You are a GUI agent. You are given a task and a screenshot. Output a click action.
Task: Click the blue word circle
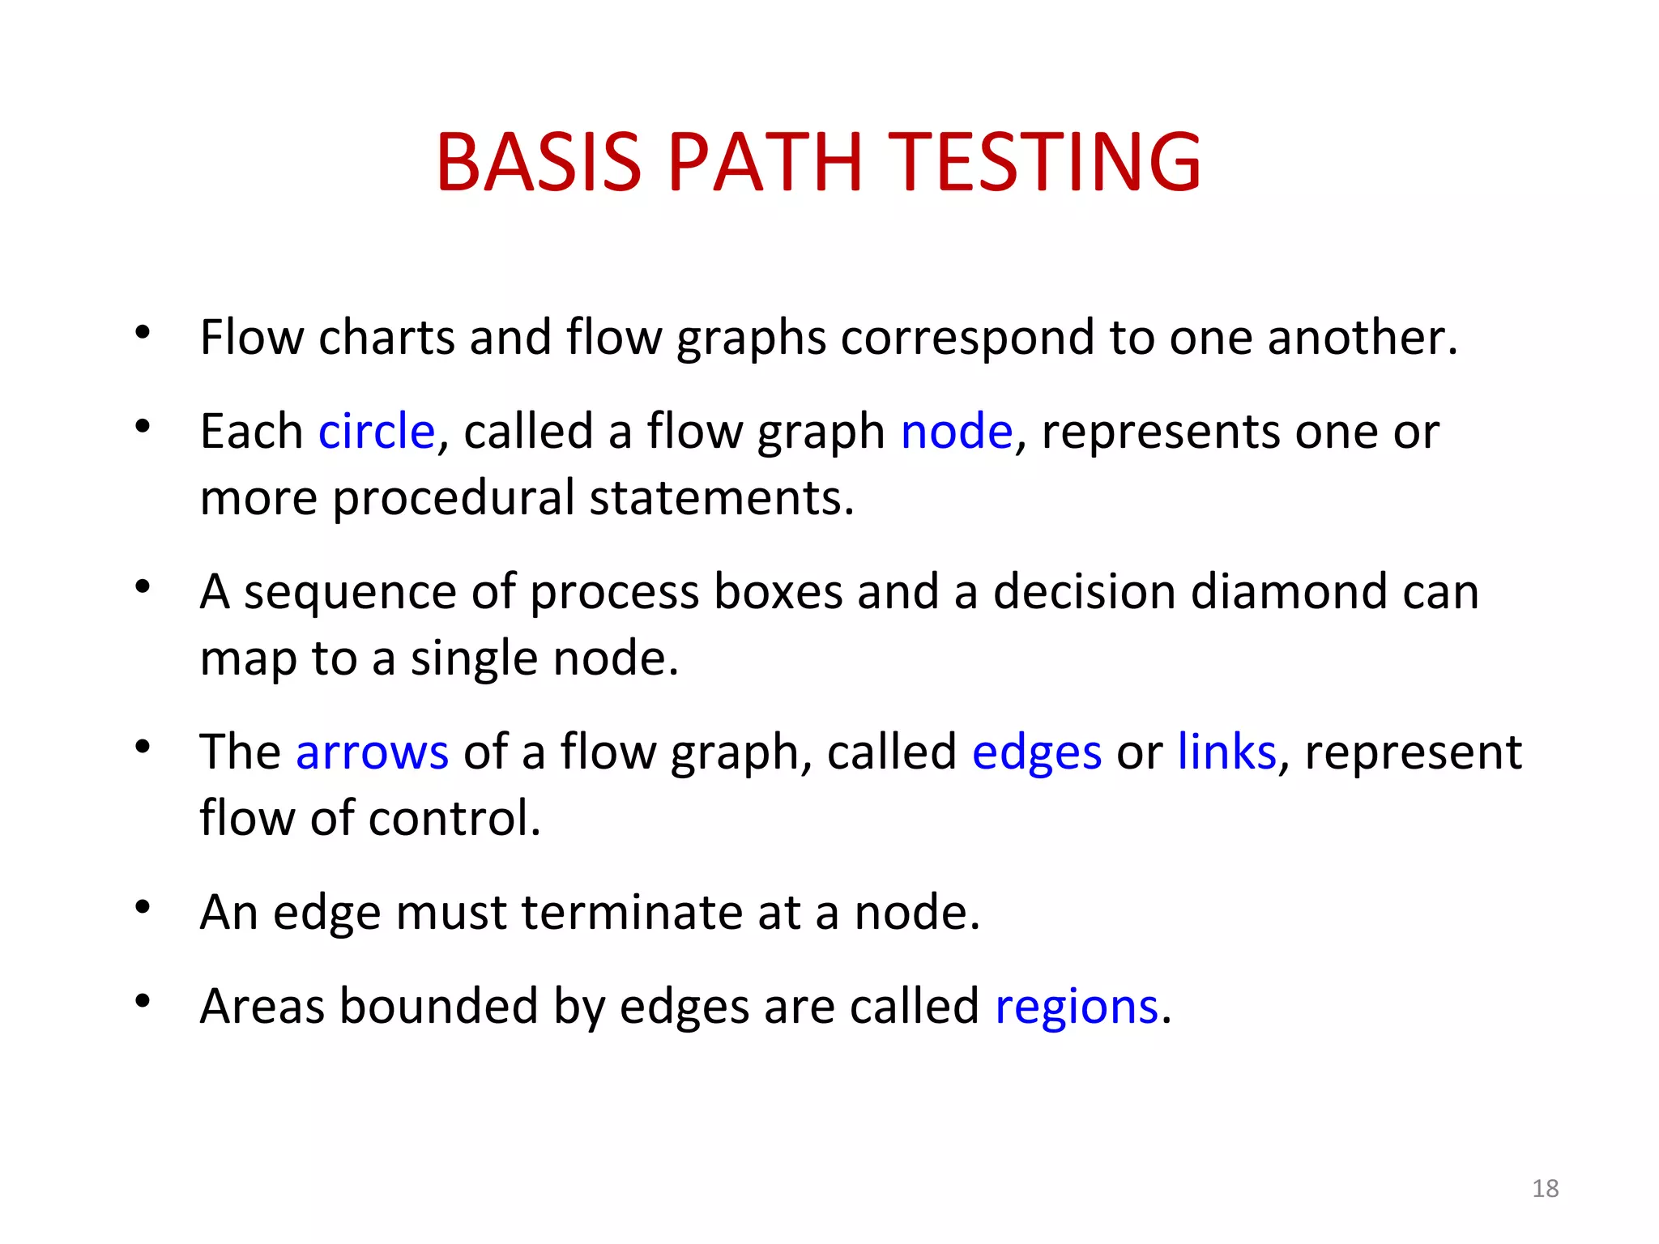pyautogui.click(x=377, y=431)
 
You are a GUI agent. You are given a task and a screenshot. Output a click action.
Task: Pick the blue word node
pyautogui.click(x=957, y=431)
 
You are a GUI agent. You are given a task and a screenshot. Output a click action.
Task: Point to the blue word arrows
pyautogui.click(x=372, y=752)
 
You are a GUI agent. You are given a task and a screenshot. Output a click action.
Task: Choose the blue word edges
pyautogui.click(x=1037, y=753)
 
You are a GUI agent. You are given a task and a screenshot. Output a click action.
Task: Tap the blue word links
pyautogui.click(x=1226, y=752)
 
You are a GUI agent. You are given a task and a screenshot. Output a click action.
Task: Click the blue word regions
pyautogui.click(x=1077, y=1008)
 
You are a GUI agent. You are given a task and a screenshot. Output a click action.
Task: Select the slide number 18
pyautogui.click(x=1545, y=1189)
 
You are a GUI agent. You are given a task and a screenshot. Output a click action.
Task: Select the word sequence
pyautogui.click(x=350, y=593)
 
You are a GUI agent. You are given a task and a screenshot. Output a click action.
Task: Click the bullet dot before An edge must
pyautogui.click(x=143, y=907)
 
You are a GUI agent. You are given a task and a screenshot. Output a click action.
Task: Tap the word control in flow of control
pyautogui.click(x=454, y=818)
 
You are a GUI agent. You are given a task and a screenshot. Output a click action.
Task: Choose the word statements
pyautogui.click(x=721, y=497)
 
